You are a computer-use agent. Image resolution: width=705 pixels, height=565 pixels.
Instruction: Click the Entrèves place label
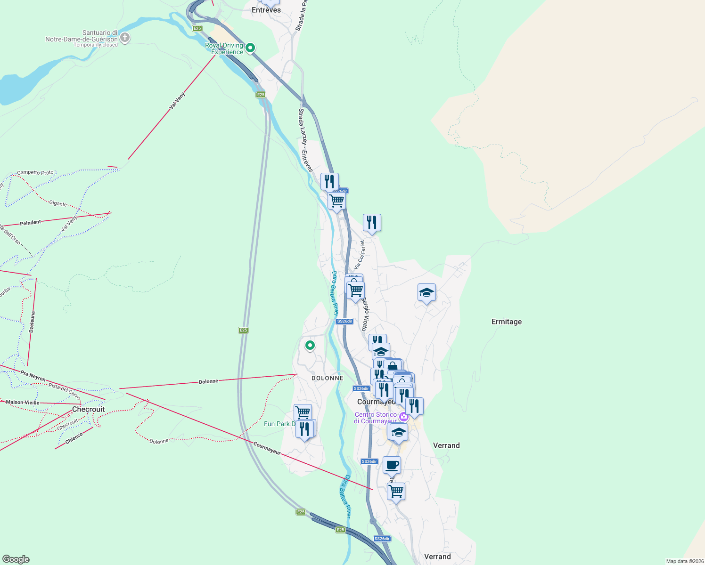[266, 10]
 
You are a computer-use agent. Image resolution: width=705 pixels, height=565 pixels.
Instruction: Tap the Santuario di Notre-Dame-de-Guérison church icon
[125, 38]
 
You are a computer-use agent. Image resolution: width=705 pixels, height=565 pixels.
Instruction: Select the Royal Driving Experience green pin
[251, 48]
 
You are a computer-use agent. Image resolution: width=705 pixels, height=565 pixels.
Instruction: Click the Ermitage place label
[507, 322]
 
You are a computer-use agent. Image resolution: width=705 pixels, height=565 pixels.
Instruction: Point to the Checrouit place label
[89, 409]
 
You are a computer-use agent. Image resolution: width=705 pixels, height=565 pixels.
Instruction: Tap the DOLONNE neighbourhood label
[328, 378]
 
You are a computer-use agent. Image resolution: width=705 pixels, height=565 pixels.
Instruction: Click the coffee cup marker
[392, 465]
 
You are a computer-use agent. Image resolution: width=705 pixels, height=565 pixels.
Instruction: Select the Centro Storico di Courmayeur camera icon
[403, 417]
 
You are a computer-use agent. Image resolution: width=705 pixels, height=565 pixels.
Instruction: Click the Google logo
[16, 559]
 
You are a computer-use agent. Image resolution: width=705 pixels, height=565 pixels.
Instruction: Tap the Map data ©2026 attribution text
[684, 561]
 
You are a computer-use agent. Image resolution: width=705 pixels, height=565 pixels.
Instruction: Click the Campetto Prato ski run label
[35, 173]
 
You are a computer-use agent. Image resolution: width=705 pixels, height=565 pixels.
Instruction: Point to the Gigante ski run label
[58, 203]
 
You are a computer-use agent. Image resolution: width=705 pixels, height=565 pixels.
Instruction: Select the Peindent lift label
[31, 222]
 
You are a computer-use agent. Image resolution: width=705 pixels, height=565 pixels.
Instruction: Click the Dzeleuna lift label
[32, 322]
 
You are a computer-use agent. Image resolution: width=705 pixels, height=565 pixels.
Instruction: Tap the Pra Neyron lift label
[33, 375]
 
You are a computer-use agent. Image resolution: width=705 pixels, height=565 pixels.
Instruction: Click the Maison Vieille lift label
[23, 403]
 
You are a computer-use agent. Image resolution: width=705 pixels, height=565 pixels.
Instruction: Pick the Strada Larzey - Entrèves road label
[305, 140]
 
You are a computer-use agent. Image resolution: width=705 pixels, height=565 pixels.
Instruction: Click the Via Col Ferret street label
[360, 255]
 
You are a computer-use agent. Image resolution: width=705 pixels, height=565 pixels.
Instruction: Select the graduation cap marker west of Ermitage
[426, 293]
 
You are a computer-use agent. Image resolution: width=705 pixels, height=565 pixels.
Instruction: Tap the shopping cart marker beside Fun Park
[303, 412]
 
